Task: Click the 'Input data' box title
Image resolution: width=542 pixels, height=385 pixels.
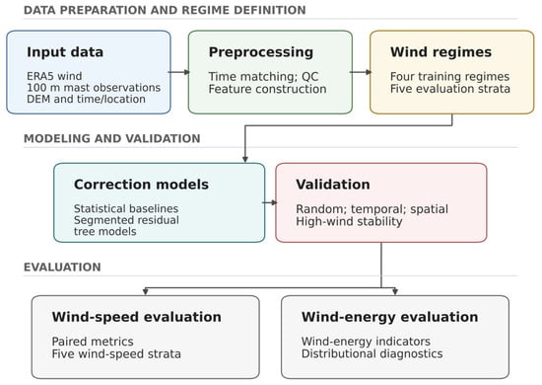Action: [65, 52]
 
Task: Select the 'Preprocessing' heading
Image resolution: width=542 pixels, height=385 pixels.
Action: [261, 52]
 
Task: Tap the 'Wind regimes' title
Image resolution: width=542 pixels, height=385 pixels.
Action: [440, 52]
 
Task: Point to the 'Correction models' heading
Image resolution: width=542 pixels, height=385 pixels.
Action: [141, 185]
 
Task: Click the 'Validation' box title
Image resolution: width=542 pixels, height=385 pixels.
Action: [333, 185]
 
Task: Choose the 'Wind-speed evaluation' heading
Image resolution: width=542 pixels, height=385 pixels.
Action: [137, 317]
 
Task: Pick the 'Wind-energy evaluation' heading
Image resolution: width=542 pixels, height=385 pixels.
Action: [389, 317]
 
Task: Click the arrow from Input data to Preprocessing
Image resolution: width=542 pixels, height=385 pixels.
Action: [179, 72]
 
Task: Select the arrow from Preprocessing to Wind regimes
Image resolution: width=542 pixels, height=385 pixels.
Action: [361, 72]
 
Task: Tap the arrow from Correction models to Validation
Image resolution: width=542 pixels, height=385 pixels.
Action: [270, 202]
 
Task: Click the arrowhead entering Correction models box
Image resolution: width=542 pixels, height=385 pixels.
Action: [245, 159]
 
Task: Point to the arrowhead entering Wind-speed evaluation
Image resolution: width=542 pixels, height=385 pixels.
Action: [146, 291]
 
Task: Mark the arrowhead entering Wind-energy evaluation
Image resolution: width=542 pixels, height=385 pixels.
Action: [395, 291]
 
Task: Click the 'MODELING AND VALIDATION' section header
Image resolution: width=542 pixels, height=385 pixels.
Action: [112, 138]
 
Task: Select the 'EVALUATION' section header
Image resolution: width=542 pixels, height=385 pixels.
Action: [62, 267]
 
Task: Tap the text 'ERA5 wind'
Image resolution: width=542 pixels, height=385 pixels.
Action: [54, 76]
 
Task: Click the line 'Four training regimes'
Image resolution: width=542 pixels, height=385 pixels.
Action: [449, 76]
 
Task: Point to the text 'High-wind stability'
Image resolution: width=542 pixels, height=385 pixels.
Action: [349, 221]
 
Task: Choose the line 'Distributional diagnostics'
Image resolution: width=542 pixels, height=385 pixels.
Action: [372, 353]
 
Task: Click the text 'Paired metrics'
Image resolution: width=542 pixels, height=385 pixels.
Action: [93, 342]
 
